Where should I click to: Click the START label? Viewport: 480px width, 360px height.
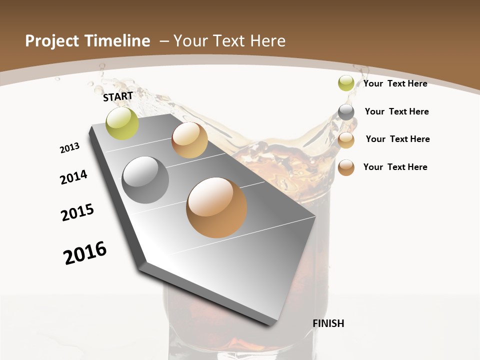coord(118,96)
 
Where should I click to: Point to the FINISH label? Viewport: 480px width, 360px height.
coord(328,323)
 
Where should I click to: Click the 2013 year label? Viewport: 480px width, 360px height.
coord(70,148)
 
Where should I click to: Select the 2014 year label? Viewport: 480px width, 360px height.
coord(74,177)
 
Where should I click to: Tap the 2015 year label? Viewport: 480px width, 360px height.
coord(77,212)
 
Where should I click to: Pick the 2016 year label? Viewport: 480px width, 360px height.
coord(85,252)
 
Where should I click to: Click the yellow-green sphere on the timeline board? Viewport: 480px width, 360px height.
coord(122,123)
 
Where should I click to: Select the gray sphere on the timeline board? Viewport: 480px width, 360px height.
coord(145,180)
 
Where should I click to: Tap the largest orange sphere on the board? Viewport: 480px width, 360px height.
coord(216,207)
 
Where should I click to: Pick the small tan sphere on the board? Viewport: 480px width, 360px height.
coord(189,140)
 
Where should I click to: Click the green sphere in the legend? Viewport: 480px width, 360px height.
coord(346,83)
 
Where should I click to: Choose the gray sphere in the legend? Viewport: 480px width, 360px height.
coord(346,112)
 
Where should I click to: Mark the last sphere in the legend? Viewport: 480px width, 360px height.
coord(346,167)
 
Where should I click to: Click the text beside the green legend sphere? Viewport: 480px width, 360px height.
coord(395,83)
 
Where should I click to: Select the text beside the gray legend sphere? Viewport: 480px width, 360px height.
coord(396,111)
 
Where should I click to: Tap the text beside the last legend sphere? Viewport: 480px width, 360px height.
coord(395,167)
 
